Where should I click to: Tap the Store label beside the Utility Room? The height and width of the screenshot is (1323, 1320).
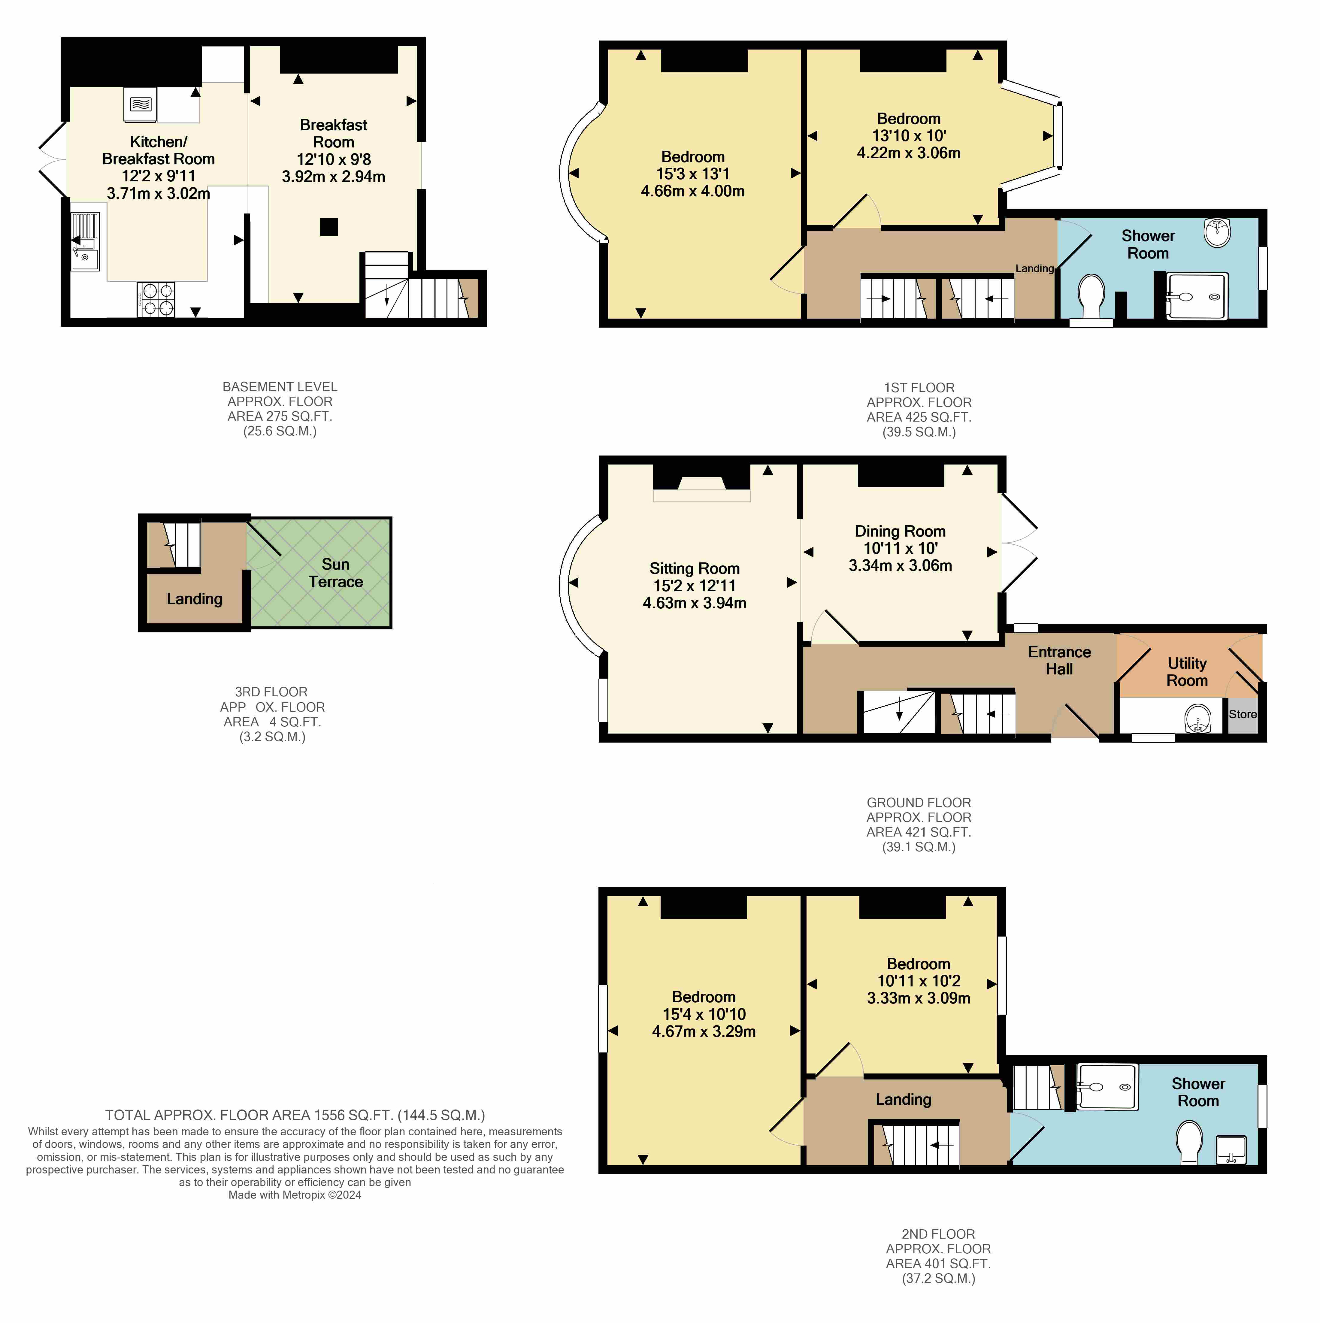pos(1243,714)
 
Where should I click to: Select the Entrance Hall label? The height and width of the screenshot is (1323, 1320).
pos(1059,660)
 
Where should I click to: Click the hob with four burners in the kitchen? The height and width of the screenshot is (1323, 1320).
pos(156,299)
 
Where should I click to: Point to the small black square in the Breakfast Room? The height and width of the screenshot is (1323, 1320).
pos(328,226)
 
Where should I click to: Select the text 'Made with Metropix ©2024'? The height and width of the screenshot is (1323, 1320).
pos(295,1195)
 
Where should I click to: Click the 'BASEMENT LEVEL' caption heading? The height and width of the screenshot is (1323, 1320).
pos(280,387)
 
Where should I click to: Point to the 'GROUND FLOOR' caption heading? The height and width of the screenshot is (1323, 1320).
pos(919,803)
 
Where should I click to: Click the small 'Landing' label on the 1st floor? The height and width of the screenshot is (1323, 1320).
pos(1034,268)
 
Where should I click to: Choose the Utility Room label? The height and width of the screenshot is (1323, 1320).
pos(1187,672)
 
